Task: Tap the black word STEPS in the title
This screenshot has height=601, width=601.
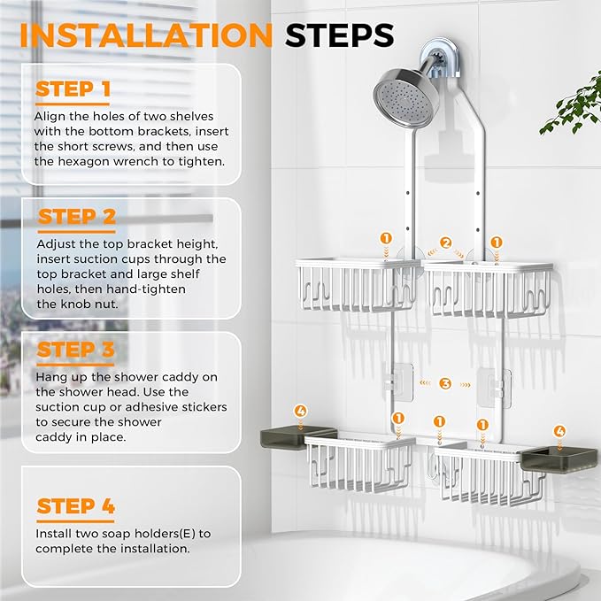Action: [339, 35]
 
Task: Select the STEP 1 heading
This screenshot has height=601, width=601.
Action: [73, 89]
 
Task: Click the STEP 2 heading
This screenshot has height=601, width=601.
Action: [77, 217]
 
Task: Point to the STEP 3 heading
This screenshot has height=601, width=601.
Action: [76, 351]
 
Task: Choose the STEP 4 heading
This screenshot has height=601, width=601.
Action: [76, 506]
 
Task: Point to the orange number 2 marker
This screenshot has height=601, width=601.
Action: [446, 242]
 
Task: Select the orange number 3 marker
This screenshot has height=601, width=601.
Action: [446, 383]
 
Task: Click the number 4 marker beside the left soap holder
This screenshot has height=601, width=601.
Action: [301, 412]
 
